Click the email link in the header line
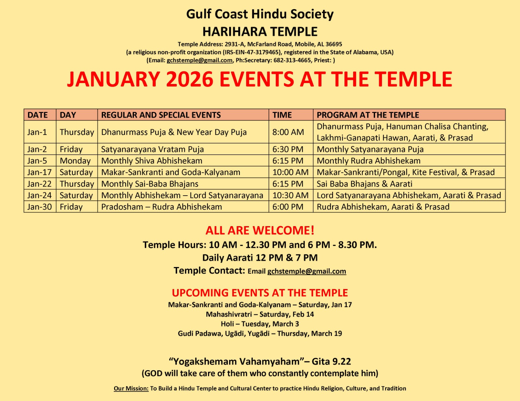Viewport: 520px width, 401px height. click(x=200, y=60)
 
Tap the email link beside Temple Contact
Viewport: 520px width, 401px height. click(x=306, y=271)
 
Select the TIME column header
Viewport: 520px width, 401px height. click(x=282, y=115)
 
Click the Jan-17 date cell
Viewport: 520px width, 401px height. click(x=39, y=172)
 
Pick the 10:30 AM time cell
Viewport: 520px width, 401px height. click(x=290, y=195)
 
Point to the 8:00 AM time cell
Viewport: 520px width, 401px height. click(x=288, y=132)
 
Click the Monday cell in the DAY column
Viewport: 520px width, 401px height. click(x=75, y=161)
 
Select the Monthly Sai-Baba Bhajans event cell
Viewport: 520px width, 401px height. click(x=150, y=184)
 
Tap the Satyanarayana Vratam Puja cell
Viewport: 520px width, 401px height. click(x=152, y=149)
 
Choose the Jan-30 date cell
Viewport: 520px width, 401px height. click(x=39, y=207)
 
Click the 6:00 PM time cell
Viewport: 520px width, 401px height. click(x=288, y=207)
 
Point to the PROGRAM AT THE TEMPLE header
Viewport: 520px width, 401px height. click(x=368, y=115)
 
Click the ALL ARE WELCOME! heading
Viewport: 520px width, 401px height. click(x=260, y=230)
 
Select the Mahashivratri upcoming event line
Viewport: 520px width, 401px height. click(x=260, y=314)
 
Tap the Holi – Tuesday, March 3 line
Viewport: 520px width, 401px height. click(x=260, y=324)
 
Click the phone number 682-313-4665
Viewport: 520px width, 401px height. click(x=292, y=60)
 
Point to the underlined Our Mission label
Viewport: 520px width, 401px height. click(x=131, y=389)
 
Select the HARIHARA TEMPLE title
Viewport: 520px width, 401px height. click(x=260, y=32)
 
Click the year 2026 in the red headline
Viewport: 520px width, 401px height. click(x=189, y=79)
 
